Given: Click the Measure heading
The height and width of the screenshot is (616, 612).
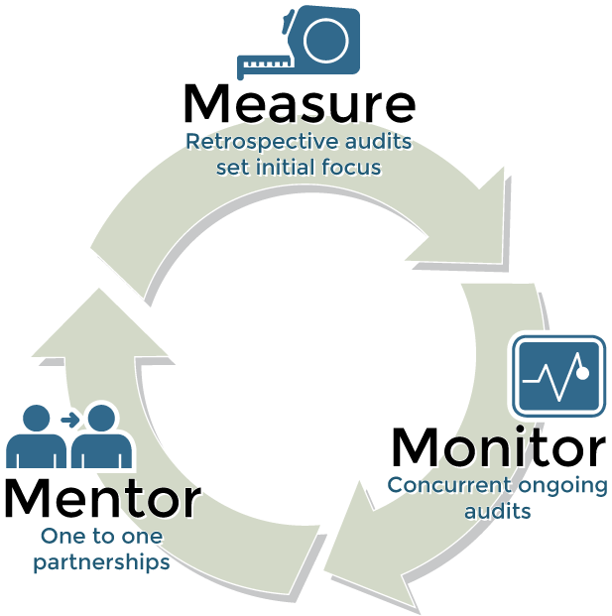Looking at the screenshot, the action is pyautogui.click(x=300, y=103).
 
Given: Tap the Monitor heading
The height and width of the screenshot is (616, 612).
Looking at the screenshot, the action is pyautogui.click(x=499, y=447).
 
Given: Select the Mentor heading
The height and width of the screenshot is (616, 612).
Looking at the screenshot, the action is pyautogui.click(x=103, y=498).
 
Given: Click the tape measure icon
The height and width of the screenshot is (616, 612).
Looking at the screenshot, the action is pyautogui.click(x=299, y=42).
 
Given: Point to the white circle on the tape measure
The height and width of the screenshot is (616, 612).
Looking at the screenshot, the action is pyautogui.click(x=326, y=42).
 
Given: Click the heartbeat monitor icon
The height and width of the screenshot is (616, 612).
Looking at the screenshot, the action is pyautogui.click(x=559, y=376).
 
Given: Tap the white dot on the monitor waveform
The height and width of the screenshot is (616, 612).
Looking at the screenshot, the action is pyautogui.click(x=582, y=373).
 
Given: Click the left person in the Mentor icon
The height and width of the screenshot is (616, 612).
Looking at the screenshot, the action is pyautogui.click(x=36, y=436).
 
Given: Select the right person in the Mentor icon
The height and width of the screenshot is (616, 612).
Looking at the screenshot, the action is pyautogui.click(x=101, y=436).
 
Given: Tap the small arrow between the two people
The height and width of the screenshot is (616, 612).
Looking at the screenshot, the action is pyautogui.click(x=69, y=420).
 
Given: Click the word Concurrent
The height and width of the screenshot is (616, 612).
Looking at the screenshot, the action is pyautogui.click(x=449, y=486).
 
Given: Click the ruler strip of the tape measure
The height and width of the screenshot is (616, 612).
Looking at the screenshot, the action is pyautogui.click(x=264, y=64).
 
